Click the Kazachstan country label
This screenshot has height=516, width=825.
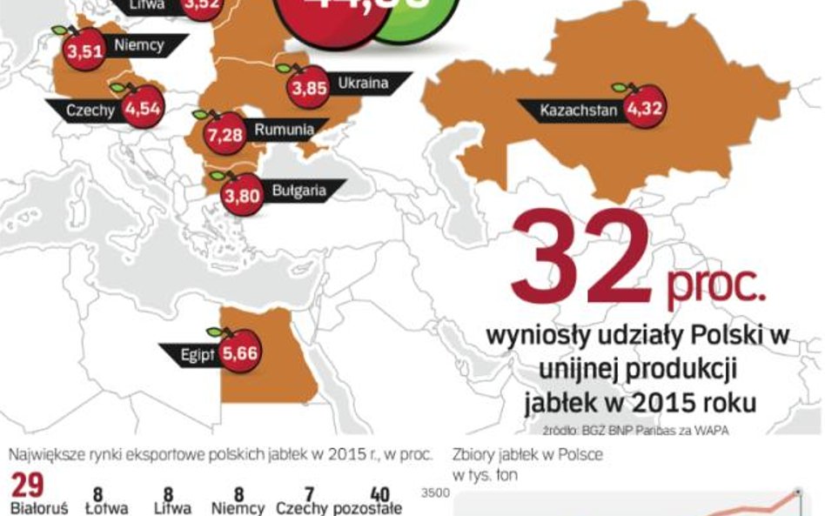tap(578, 111)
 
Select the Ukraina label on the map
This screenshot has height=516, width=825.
tap(362, 84)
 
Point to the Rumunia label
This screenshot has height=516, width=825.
tap(284, 130)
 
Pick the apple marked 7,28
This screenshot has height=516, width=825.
tap(225, 137)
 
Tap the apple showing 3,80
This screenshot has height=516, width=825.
tap(242, 195)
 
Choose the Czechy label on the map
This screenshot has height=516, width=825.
tap(91, 111)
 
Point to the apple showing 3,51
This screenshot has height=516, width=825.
tap(84, 50)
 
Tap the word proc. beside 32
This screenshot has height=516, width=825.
tap(716, 287)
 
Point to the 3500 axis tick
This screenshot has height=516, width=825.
tap(435, 493)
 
